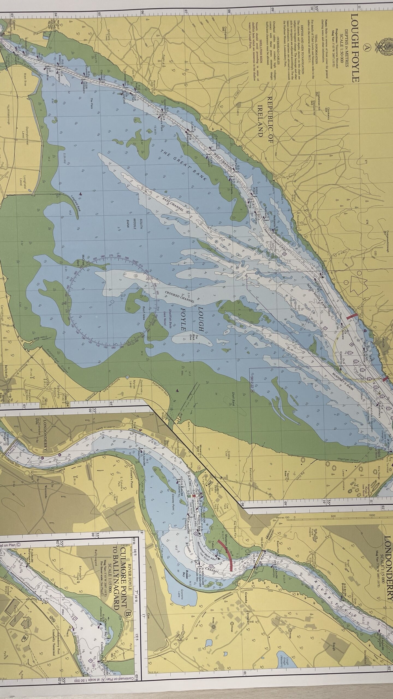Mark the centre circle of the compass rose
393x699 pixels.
click(112, 302)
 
